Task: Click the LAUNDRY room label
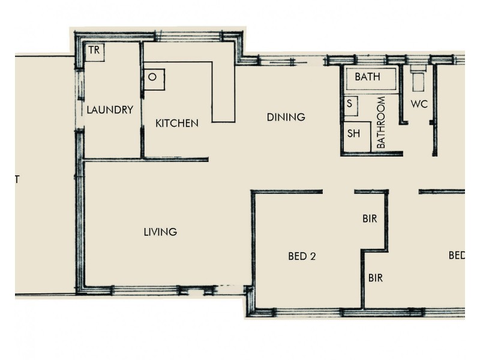(109, 110)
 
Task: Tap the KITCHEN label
(176, 123)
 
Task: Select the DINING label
(286, 117)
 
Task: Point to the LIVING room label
(160, 232)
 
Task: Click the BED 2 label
(302, 256)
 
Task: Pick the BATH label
(367, 77)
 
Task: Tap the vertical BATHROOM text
(380, 122)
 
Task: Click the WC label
(419, 104)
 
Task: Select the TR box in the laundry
(94, 51)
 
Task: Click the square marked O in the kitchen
(153, 78)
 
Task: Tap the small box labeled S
(350, 104)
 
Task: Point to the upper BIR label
(370, 219)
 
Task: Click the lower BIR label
(375, 278)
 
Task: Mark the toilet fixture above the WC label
(418, 80)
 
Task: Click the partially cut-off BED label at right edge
(457, 256)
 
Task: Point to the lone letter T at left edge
(17, 179)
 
